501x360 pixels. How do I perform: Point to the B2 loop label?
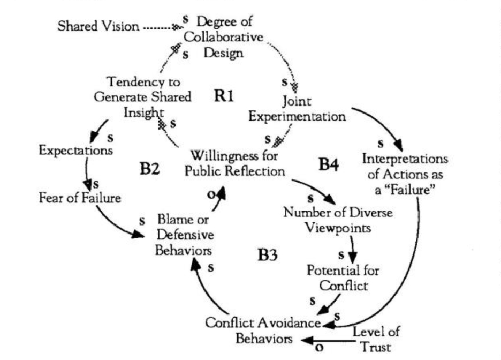pos(151,170)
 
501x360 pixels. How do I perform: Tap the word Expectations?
pos(75,150)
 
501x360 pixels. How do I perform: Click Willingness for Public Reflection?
pos(238,164)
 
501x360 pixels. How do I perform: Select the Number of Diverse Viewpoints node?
pos(338,220)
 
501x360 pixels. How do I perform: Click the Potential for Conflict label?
pos(343,277)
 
